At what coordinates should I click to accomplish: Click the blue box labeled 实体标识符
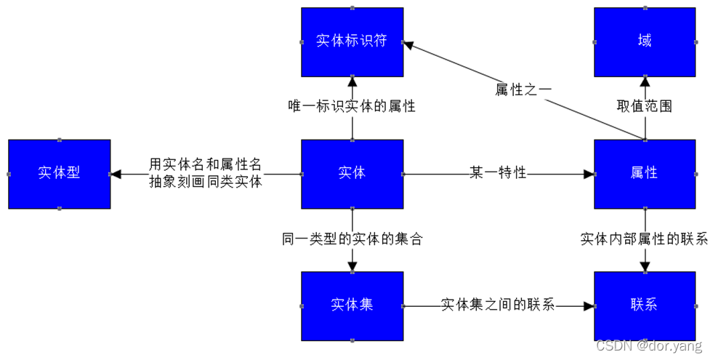point(352,41)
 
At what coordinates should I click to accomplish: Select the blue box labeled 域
point(645,41)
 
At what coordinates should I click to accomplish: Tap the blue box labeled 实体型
point(59,174)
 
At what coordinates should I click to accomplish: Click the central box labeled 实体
point(352,174)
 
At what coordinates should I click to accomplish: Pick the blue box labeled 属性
point(645,174)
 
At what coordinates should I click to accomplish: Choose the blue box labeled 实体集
point(352,305)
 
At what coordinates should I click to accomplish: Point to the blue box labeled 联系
point(645,305)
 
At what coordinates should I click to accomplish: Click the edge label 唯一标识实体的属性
point(352,106)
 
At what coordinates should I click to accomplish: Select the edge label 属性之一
point(523,89)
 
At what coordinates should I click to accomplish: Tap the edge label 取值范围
point(645,106)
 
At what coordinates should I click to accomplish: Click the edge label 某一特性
point(498,174)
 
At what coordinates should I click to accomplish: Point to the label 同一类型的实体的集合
point(352,239)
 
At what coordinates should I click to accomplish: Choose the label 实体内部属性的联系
point(645,239)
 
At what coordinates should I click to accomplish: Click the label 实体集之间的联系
point(498,305)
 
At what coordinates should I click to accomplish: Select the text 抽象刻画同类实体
point(206,183)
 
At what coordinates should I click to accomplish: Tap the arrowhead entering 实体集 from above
point(352,267)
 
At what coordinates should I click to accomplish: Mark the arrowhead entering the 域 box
point(645,81)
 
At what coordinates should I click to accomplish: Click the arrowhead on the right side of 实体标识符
point(408,45)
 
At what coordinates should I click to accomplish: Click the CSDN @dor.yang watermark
point(649,347)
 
